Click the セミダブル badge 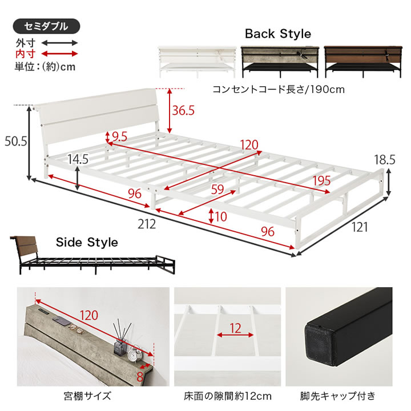point(46,26)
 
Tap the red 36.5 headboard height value point(183,110)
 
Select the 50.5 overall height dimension point(16,142)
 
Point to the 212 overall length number point(147,224)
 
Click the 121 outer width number point(360,227)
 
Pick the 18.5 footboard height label point(385,160)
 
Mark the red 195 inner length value point(321,181)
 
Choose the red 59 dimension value point(217,190)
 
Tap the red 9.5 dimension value point(119,137)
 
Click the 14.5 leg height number point(78,159)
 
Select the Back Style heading point(278,34)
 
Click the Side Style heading point(87,242)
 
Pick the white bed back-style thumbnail point(197,62)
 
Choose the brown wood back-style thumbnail point(363,62)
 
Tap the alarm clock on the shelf point(135,354)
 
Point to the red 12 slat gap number point(235,328)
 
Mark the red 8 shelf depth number point(140,377)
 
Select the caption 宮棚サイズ point(87,396)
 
